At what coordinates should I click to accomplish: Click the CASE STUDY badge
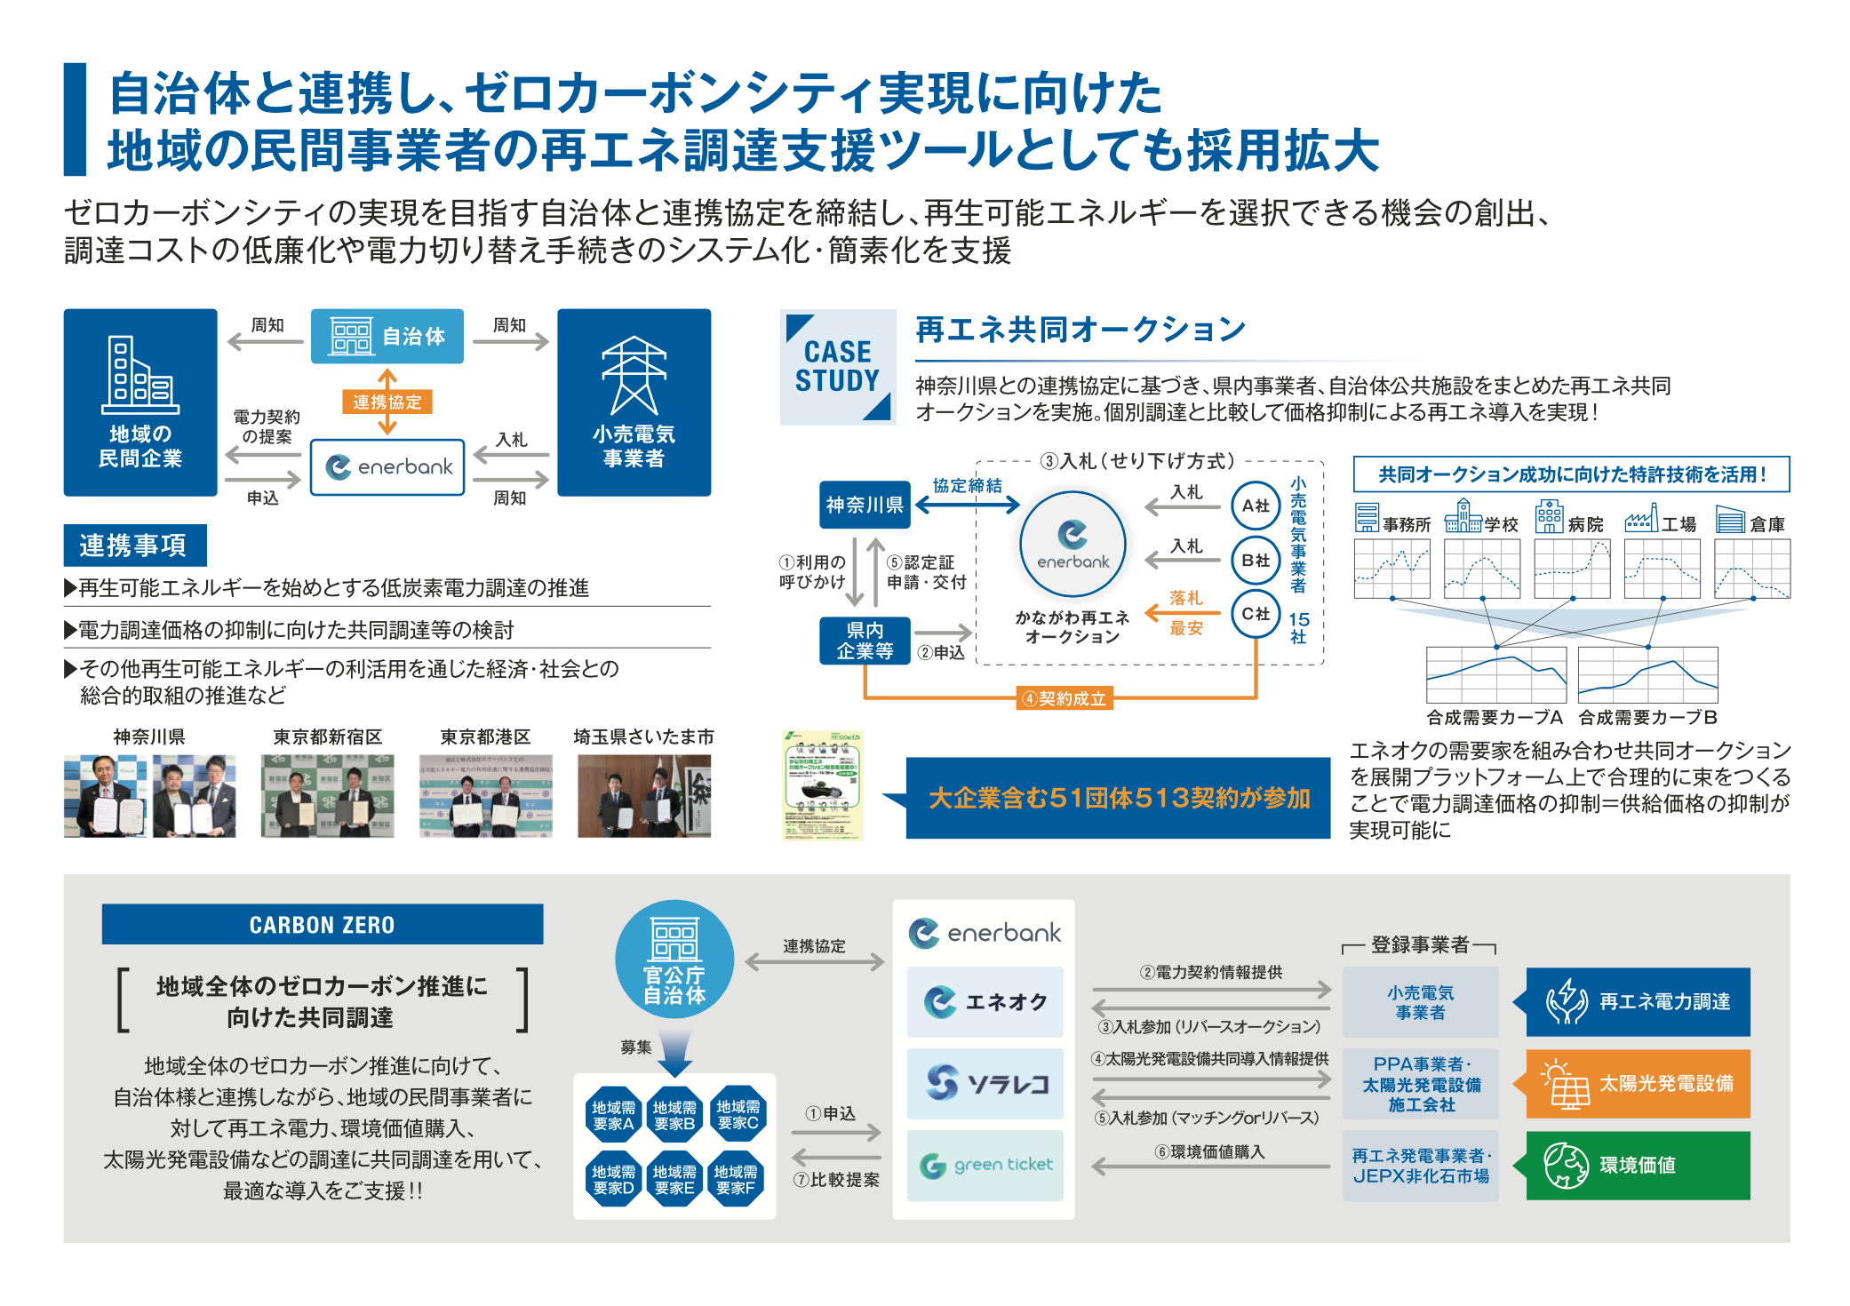pos(838,367)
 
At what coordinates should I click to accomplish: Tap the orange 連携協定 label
pos(387,402)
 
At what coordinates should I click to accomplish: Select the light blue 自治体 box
pos(387,336)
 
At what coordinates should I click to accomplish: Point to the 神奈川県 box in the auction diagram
pos(865,505)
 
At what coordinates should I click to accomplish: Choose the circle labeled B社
pos(1255,561)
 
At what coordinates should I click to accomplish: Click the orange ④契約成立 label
pos(1065,699)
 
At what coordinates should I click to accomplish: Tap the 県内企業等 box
pos(865,641)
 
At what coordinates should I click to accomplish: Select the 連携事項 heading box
pos(135,545)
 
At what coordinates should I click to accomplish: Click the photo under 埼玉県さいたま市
pos(644,796)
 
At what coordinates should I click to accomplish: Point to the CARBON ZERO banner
pos(323,924)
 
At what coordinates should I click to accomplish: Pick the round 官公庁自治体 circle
pos(674,960)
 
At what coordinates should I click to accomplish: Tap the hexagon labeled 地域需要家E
pos(674,1179)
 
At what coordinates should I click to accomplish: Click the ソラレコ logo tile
pos(985,1083)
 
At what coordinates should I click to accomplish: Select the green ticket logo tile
pos(985,1165)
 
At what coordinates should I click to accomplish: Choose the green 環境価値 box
pos(1638,1165)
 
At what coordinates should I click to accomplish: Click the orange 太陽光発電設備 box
pos(1638,1084)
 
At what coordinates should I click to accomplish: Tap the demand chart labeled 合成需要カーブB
pos(1647,675)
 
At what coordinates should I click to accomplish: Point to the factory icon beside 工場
pos(1641,518)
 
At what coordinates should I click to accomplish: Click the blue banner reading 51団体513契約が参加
pos(1118,798)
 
